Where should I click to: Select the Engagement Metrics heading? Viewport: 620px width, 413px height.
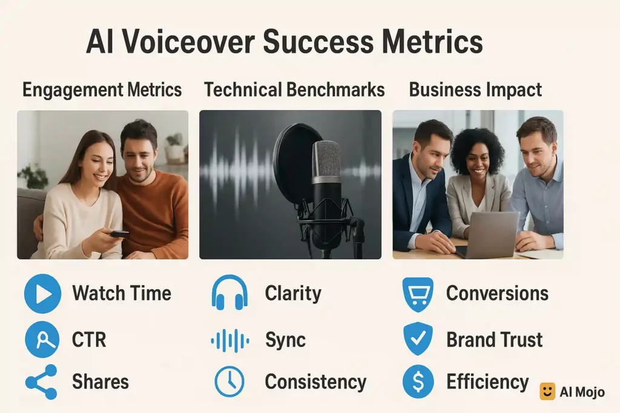tap(102, 89)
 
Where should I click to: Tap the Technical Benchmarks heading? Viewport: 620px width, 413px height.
tap(294, 89)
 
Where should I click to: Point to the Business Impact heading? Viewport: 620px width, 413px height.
tap(475, 89)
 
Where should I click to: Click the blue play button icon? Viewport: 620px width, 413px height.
tap(43, 294)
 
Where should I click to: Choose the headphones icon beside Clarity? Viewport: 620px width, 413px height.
tap(229, 293)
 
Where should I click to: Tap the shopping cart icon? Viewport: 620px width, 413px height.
tap(418, 294)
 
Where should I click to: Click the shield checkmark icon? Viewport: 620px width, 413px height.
tap(418, 339)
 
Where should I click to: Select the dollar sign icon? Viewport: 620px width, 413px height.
tap(418, 382)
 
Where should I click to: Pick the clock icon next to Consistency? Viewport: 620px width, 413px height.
tap(229, 382)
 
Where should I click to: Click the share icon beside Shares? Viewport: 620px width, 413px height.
tap(42, 382)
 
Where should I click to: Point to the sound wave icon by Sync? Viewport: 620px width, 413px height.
tap(230, 340)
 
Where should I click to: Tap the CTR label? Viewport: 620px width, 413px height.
tap(89, 340)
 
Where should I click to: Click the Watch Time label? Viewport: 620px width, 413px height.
tap(122, 293)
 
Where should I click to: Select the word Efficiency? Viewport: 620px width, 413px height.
tap(487, 382)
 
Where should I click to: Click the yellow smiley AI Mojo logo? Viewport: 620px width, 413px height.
tap(547, 391)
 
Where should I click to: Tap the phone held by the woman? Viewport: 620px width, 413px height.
tap(119, 234)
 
